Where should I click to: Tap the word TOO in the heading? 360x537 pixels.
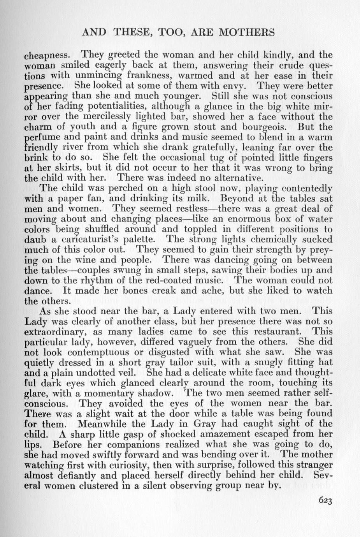(168, 32)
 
